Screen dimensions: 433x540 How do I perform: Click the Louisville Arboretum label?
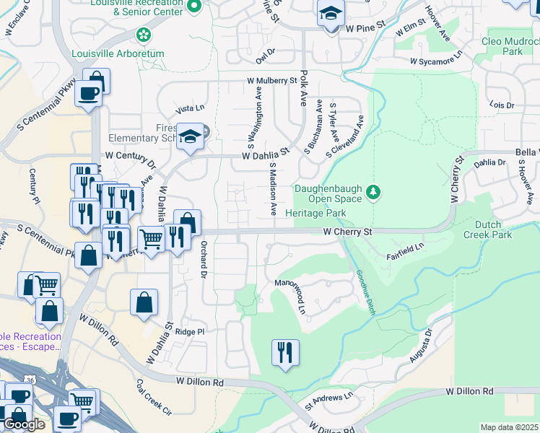click(118, 53)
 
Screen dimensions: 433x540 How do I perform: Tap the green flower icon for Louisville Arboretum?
click(144, 34)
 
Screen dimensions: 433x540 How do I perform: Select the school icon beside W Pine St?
click(331, 14)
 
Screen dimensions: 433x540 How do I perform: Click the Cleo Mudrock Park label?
click(512, 47)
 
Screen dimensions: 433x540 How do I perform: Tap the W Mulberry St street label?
click(271, 81)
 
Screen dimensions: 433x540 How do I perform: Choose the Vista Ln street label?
click(191, 108)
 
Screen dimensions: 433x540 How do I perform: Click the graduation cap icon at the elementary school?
click(189, 136)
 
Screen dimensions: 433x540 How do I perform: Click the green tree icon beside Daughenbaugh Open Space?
click(373, 192)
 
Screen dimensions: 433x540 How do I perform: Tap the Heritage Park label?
click(315, 213)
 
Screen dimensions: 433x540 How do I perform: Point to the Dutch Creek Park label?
click(487, 229)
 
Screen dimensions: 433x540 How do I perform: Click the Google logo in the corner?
click(25, 424)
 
